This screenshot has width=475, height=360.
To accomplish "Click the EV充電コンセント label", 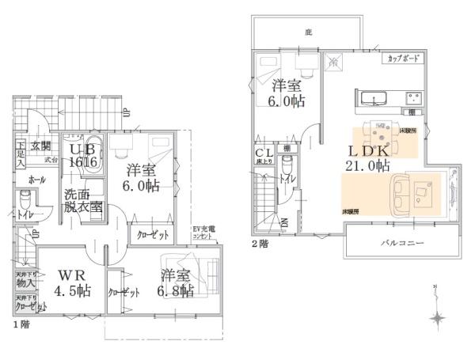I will coord(204,233).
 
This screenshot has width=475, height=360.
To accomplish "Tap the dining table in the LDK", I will coord(378,130).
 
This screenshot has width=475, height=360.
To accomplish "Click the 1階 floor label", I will coord(20,324).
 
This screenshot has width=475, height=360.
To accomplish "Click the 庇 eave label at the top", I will coord(308,32).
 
